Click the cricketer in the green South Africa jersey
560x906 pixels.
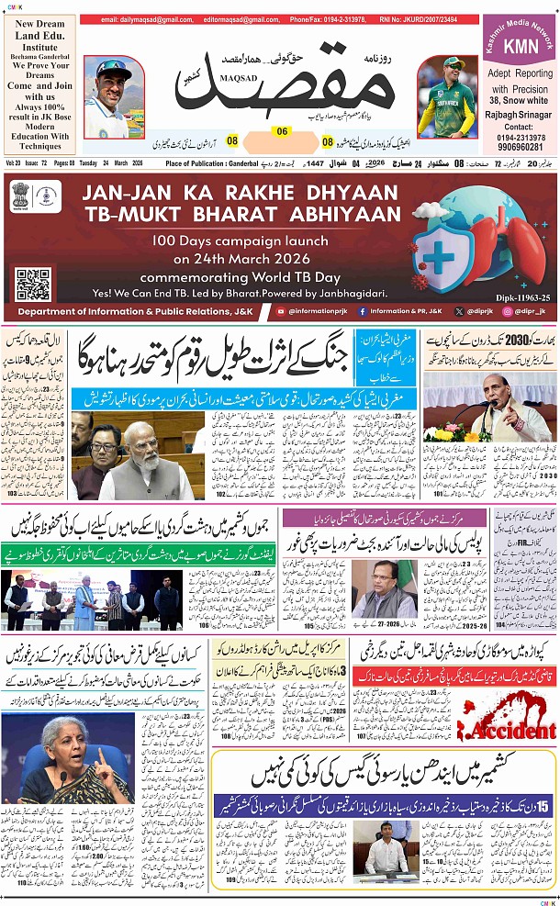445,96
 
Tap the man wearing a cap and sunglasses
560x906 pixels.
114,96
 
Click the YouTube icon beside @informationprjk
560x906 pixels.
281,312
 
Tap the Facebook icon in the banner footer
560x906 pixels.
359,312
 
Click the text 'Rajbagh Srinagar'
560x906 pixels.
519,115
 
